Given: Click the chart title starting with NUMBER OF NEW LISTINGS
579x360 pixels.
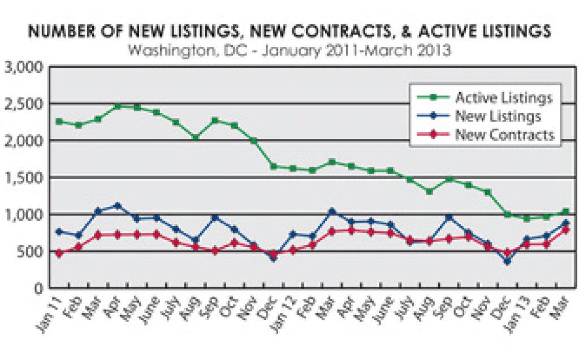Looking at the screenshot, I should pos(289,31).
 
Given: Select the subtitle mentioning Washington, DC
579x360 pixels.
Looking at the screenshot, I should pos(289,50).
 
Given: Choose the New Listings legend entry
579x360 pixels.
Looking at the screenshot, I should pos(498,116).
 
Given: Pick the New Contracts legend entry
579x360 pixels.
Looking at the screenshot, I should pos(504,135).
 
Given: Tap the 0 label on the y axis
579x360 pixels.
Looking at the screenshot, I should pos(38,288).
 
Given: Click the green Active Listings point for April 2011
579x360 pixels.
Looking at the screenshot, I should pos(118,106).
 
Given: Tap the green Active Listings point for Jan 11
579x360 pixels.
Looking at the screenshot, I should pos(59,122).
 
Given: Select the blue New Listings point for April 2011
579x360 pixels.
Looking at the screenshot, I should pos(118,205).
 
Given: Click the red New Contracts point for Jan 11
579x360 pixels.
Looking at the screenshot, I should pos(59,253).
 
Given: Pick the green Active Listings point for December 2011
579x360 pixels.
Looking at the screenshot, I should pos(274,166).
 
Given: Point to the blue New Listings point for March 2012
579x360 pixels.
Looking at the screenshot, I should pos(332,211).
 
